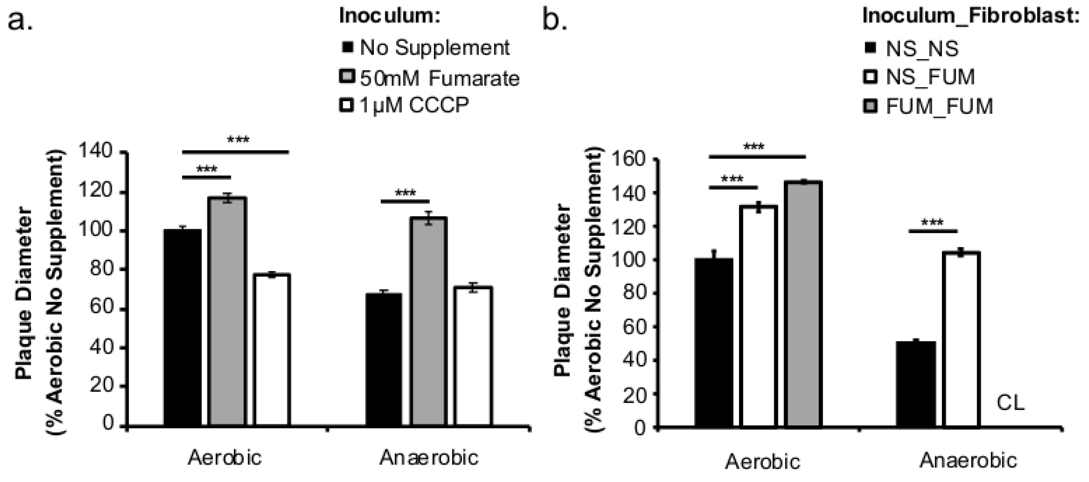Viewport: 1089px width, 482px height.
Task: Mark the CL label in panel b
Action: point(1010,403)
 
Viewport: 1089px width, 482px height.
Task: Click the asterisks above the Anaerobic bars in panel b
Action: point(932,222)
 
